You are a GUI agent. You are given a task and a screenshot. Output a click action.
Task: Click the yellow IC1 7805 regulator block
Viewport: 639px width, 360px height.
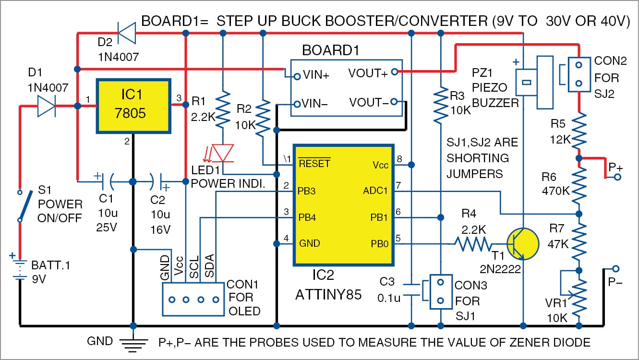[x=134, y=106]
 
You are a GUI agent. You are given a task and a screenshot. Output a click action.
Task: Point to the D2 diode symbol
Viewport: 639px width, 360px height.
[x=126, y=33]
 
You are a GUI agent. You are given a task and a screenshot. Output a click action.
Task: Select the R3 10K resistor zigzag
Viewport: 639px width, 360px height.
[x=440, y=107]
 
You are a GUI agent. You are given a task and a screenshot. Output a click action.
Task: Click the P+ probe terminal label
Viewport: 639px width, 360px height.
[x=615, y=168]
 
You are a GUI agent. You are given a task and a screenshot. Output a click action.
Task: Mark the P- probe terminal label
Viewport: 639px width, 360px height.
[x=615, y=282]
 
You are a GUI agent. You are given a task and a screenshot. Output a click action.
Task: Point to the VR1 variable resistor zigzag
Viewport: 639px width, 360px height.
[x=579, y=295]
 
